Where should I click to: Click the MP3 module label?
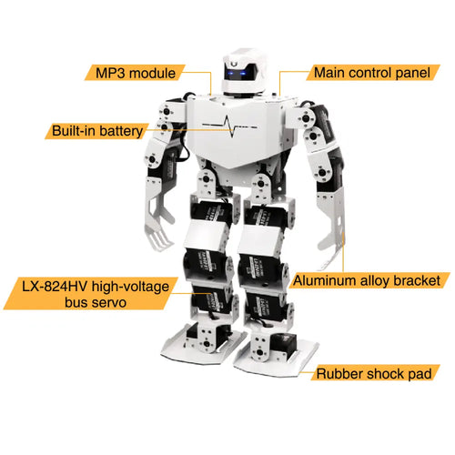click(x=135, y=73)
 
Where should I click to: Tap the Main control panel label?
click(x=372, y=73)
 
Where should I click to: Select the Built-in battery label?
click(x=97, y=131)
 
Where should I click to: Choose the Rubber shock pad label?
click(x=374, y=373)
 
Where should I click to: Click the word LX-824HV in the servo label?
click(x=55, y=287)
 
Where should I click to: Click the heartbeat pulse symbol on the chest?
click(x=230, y=126)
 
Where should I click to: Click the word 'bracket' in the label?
click(x=417, y=280)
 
